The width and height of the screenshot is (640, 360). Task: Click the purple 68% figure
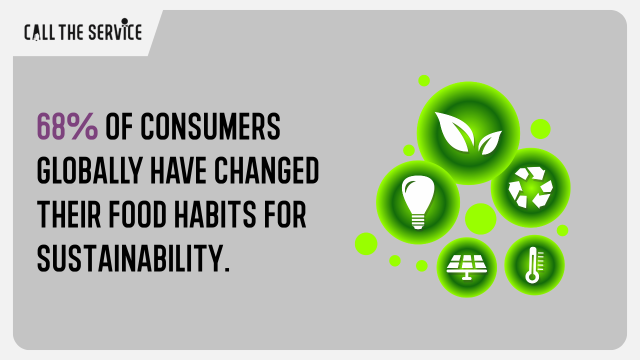67,126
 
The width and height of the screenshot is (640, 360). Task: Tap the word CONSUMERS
210,126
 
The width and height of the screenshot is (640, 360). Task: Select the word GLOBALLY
89,170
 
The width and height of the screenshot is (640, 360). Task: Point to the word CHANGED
266,170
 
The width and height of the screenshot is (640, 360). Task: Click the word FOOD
137,214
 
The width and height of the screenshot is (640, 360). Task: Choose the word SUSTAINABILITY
133,258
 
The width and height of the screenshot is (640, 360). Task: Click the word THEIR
69,214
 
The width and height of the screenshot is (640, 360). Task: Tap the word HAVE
178,170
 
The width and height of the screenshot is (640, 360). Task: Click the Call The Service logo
83,29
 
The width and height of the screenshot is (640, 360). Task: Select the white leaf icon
468,133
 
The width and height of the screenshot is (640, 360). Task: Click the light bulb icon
418,202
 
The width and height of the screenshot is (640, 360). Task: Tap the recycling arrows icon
530,187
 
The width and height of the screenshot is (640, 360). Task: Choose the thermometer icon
533,265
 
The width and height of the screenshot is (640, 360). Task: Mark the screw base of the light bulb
418,223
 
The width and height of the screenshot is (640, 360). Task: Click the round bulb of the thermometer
532,277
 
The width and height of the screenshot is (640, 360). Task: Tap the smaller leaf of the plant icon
489,142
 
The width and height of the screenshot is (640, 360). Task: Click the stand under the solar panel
467,276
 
